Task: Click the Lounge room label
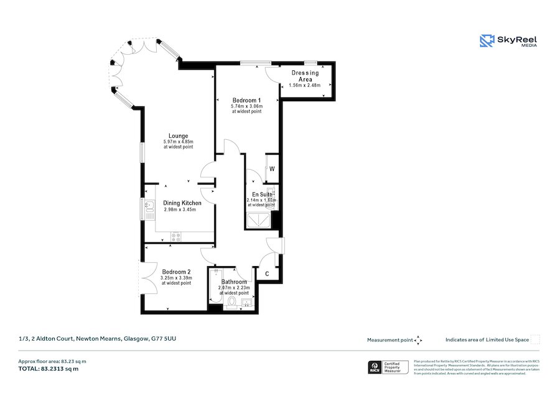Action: click(x=178, y=136)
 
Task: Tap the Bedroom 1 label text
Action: click(x=246, y=100)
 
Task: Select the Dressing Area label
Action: click(x=305, y=76)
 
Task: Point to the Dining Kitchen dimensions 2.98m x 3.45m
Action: click(x=180, y=210)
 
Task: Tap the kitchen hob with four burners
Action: click(x=176, y=236)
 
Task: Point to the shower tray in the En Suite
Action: click(x=258, y=221)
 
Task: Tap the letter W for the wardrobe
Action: click(x=272, y=169)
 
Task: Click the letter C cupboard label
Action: click(x=267, y=274)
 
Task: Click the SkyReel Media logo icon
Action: click(x=487, y=41)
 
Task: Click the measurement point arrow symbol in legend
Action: click(x=419, y=340)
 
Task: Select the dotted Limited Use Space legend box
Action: click(x=534, y=339)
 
